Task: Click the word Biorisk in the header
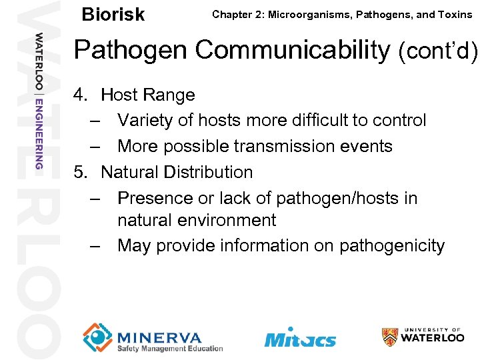112,14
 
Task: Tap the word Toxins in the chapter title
455,15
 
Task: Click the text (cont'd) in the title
438,50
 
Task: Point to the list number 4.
81,95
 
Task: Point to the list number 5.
81,172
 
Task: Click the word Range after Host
171,95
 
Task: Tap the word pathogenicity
392,245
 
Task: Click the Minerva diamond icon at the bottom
97,337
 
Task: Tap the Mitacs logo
299,337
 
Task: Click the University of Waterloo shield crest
390,336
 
